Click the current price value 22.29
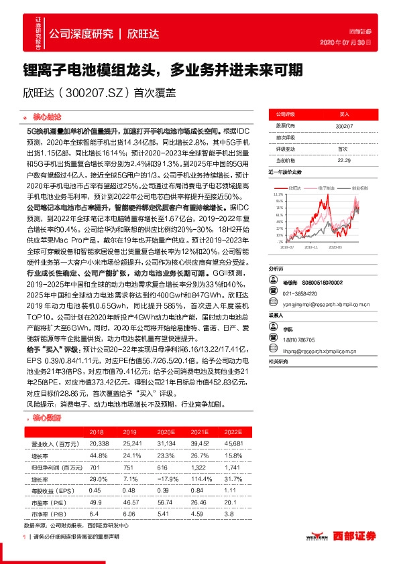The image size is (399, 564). [x=343, y=160]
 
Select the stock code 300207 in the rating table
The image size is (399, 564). [x=343, y=126]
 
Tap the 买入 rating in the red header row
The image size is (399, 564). [x=343, y=115]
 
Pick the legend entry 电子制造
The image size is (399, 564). [x=327, y=188]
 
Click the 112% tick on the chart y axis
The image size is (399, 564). [x=278, y=194]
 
